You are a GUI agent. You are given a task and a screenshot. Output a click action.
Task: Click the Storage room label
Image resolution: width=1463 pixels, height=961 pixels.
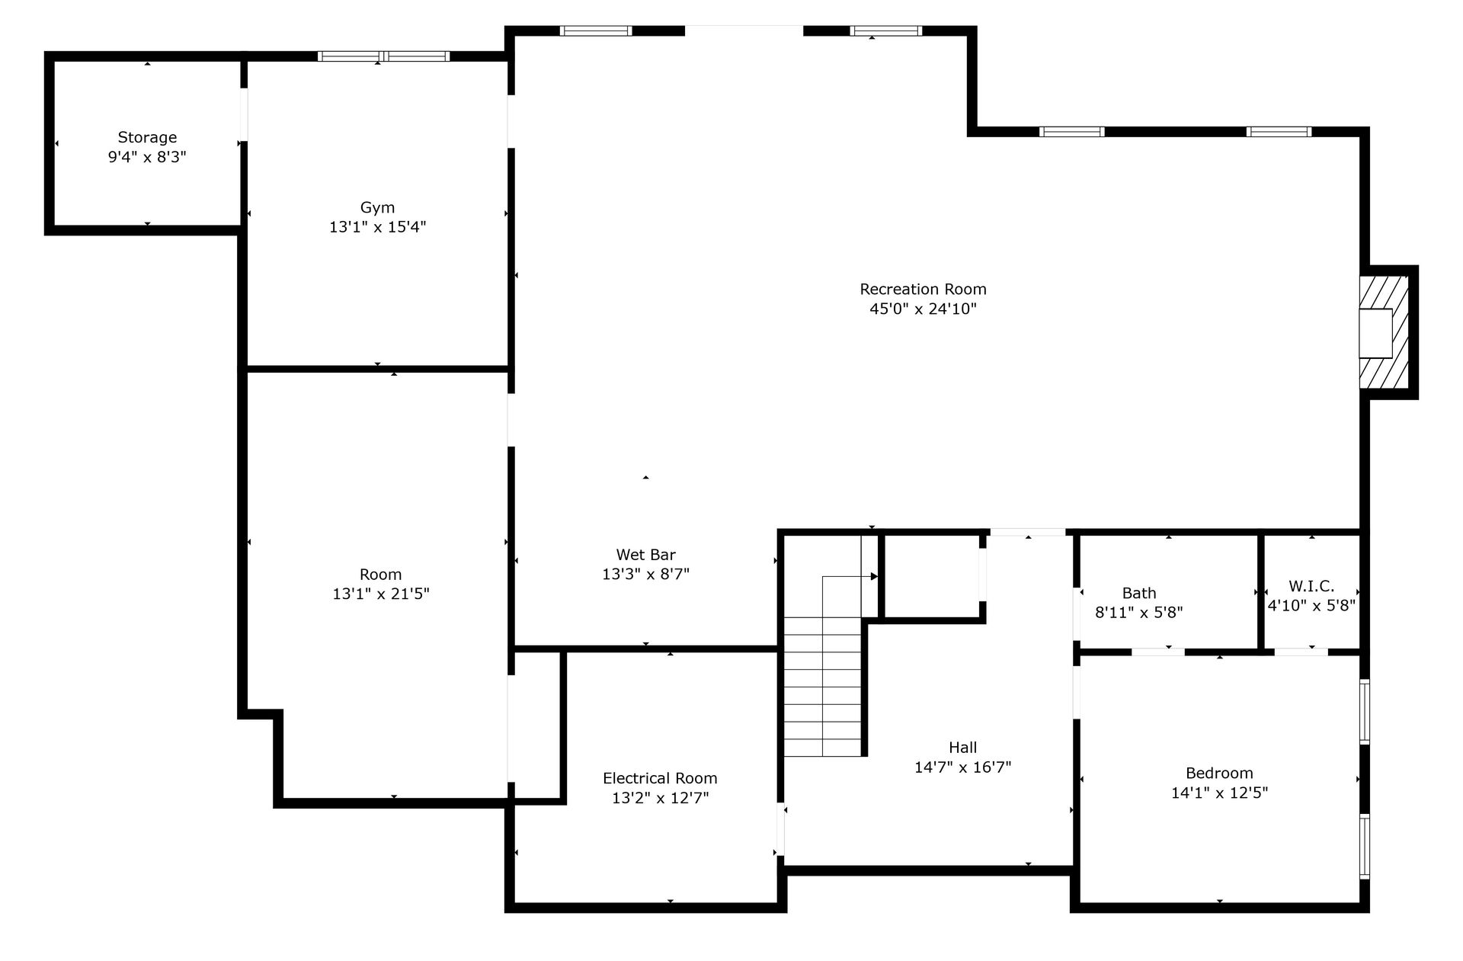point(147,137)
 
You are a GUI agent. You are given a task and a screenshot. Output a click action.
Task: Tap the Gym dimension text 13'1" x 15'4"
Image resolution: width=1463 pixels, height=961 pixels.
point(377,227)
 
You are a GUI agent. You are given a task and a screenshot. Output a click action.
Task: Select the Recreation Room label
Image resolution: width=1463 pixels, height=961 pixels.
point(923,289)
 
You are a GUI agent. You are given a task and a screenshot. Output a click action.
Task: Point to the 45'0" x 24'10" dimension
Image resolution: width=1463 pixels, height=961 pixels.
point(923,309)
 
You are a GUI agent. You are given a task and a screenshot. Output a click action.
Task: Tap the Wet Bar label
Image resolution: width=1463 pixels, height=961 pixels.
point(645,555)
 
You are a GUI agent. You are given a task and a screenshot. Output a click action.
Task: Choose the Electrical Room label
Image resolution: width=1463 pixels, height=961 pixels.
point(660,778)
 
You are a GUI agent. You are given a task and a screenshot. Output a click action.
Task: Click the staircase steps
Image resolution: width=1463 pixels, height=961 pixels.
point(823,686)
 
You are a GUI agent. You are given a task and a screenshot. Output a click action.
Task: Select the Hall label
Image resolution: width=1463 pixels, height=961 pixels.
point(963,748)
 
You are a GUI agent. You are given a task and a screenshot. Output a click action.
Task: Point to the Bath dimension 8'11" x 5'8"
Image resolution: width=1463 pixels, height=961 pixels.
point(1139,613)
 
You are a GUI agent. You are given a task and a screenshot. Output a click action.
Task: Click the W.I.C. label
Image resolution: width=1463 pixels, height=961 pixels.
point(1311,586)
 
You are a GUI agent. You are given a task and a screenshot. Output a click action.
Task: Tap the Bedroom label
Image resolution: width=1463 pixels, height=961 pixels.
point(1219,773)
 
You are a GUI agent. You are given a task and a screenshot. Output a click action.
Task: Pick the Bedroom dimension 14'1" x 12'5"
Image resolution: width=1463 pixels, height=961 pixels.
point(1219,793)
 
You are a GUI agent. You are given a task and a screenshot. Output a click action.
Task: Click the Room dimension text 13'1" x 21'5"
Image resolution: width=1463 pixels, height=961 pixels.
point(381,594)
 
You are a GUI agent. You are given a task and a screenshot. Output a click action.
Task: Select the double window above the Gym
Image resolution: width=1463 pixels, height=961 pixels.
point(383,56)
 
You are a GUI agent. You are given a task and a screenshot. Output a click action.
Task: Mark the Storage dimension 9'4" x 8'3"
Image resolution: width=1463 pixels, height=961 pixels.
point(147,157)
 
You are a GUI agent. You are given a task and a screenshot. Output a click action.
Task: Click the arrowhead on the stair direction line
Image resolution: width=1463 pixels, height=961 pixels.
point(874,577)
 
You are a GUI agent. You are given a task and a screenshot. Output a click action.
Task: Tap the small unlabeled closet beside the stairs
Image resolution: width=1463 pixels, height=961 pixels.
point(931,576)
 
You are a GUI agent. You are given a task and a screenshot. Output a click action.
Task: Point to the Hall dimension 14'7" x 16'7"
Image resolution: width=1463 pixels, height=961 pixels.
point(963,767)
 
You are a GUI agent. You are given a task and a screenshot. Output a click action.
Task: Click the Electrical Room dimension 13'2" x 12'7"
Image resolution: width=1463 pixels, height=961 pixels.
point(660,798)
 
